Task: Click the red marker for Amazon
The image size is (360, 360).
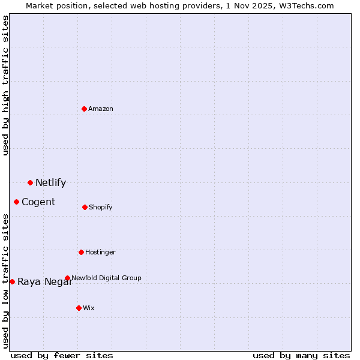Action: [x=84, y=109]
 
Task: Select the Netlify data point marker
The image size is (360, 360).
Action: [x=30, y=182]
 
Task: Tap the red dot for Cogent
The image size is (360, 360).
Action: [x=16, y=202]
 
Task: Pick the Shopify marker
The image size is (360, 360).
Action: [x=85, y=207]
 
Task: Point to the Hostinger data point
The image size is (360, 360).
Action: [x=81, y=252]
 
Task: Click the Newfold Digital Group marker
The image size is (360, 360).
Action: [x=67, y=278]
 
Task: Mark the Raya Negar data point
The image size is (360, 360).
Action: [x=12, y=281]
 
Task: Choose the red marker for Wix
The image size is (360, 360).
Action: [x=79, y=308]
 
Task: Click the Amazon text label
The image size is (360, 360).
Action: [x=101, y=109]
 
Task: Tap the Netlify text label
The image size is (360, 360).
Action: [x=50, y=183]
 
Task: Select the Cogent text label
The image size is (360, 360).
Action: [x=38, y=202]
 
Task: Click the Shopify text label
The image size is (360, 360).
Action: [x=101, y=207]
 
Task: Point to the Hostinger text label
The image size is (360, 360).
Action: [x=100, y=252]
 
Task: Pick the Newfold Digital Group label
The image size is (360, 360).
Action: [x=106, y=278]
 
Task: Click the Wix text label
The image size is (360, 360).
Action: [x=89, y=308]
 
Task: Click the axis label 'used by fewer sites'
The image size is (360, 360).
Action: [x=62, y=355]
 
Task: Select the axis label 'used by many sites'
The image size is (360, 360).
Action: [x=301, y=355]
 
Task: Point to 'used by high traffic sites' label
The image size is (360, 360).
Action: [x=5, y=85]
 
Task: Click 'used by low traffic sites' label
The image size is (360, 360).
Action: [x=5, y=281]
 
